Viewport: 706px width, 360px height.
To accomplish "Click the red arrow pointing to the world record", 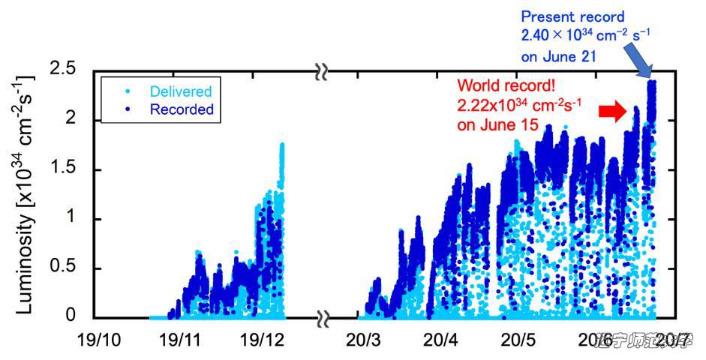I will coord(612,112).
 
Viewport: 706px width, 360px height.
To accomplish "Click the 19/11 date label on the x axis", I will coord(179,339).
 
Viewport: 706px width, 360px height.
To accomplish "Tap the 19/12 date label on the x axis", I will coord(261,339).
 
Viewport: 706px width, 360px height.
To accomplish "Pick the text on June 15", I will coord(497,125).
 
